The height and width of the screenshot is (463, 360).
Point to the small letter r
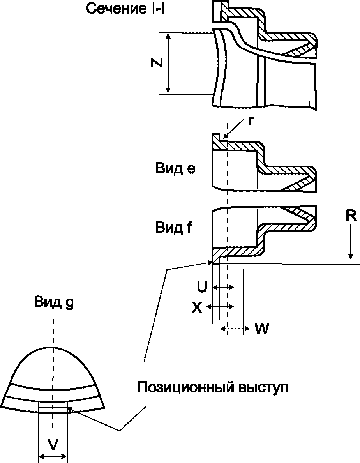(250, 121)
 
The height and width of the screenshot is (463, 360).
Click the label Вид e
(175, 169)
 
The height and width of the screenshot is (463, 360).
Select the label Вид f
(174, 228)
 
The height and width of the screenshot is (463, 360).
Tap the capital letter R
(351, 216)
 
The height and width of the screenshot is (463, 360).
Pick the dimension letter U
(202, 287)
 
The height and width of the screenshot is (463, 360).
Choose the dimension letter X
(197, 308)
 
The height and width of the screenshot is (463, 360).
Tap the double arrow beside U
(223, 287)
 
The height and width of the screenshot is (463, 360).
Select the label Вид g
(54, 303)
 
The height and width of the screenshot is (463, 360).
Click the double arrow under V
(53, 456)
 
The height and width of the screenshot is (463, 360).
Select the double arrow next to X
(220, 307)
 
